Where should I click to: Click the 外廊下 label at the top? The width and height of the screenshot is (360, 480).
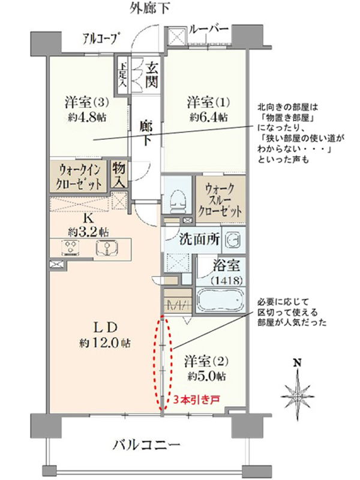click(149, 8)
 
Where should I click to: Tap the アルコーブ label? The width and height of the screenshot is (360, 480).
click(101, 38)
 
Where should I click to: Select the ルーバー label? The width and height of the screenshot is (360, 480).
click(209, 29)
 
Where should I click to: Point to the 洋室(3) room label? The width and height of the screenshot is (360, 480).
click(86, 102)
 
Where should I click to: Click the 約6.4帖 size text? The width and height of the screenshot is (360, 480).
click(208, 117)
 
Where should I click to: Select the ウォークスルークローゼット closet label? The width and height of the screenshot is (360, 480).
click(220, 200)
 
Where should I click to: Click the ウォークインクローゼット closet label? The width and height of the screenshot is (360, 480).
click(80, 177)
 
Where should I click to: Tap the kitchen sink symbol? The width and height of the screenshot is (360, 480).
click(107, 248)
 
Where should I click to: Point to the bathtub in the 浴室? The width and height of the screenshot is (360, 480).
click(220, 299)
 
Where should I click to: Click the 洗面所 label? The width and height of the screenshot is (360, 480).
click(199, 239)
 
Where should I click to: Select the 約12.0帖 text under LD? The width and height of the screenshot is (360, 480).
click(104, 343)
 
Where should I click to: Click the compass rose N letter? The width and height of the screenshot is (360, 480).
click(296, 363)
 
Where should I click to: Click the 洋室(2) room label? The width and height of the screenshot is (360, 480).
click(206, 362)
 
